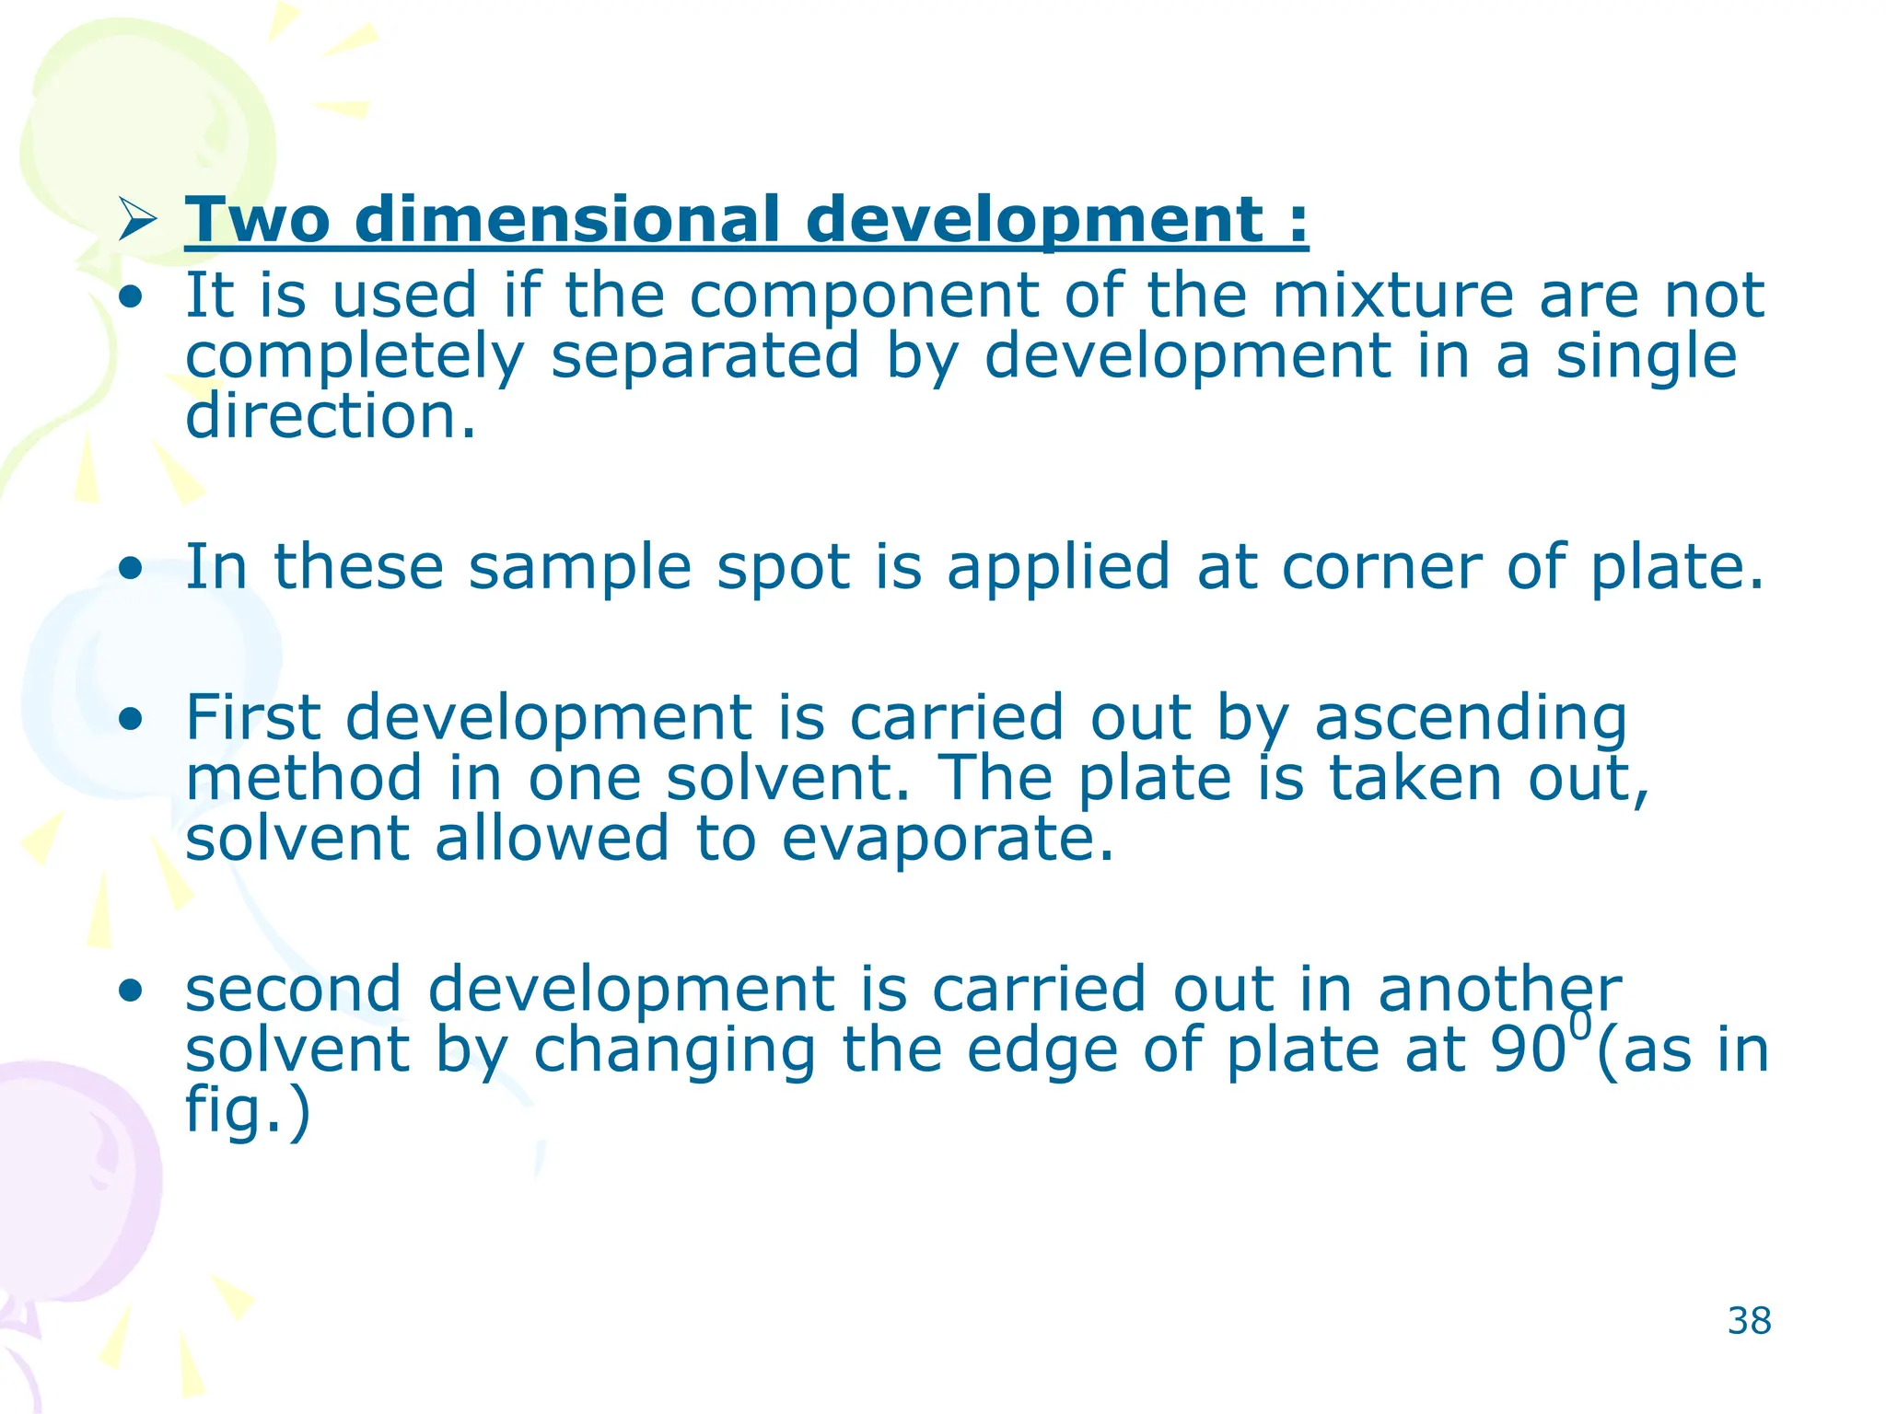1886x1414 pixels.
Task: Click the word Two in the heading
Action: [x=257, y=221]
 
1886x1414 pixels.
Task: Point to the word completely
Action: [x=355, y=357]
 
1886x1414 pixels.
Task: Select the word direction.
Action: [x=330, y=416]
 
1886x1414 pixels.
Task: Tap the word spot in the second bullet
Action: [x=783, y=569]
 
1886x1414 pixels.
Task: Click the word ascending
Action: [x=1470, y=720]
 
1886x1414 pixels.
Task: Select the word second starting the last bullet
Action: [x=294, y=990]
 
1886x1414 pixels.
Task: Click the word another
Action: [x=1499, y=990]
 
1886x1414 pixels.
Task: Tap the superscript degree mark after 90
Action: [x=1580, y=1024]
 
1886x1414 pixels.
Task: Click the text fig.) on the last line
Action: [x=247, y=1109]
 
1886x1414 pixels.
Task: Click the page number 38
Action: [x=1749, y=1321]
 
